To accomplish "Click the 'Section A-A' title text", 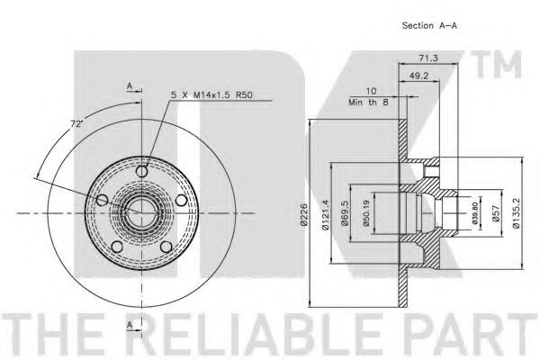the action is (x=429, y=25).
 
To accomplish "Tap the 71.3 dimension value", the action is (x=428, y=58).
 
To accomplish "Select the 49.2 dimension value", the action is (x=419, y=76).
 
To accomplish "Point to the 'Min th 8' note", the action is (x=368, y=102).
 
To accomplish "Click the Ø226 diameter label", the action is (x=303, y=214).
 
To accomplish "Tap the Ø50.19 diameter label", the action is (x=366, y=213).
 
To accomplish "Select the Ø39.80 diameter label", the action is (x=475, y=213).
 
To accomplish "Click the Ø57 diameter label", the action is (x=495, y=213).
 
